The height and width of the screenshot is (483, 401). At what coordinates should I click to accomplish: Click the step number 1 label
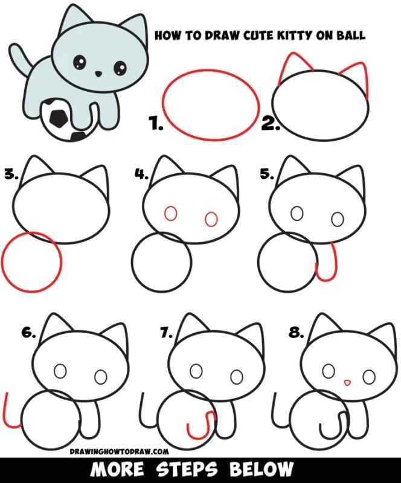pyautogui.click(x=156, y=125)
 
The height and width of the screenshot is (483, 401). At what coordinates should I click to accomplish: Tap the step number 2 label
pyautogui.click(x=269, y=125)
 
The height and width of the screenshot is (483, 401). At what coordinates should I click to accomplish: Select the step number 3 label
pyautogui.click(x=11, y=174)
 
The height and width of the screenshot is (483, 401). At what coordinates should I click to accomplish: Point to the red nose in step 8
pyautogui.click(x=347, y=382)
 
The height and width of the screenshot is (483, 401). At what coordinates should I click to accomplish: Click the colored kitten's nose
pyautogui.click(x=98, y=74)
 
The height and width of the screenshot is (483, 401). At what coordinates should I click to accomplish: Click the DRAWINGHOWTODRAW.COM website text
pyautogui.click(x=118, y=450)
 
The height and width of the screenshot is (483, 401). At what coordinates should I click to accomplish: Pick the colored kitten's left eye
pyautogui.click(x=79, y=62)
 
